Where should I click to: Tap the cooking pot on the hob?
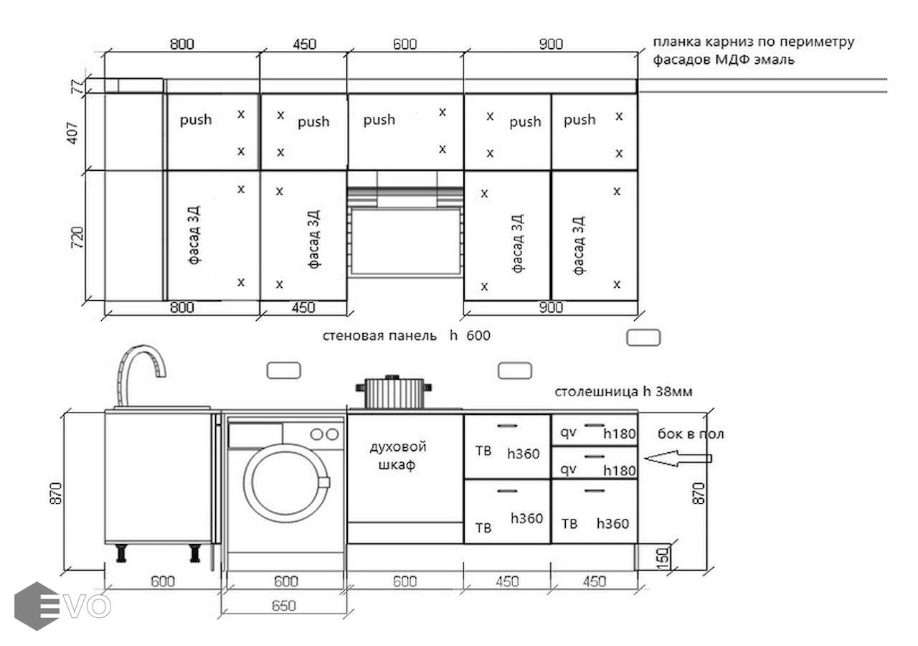point(394,392)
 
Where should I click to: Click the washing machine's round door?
point(286,483)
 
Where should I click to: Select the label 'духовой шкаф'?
point(398,455)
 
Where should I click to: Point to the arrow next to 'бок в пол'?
point(678,458)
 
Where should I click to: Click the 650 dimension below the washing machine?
point(283,606)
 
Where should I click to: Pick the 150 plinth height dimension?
point(663,556)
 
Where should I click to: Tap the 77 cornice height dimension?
point(77,87)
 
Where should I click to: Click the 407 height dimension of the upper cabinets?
point(72,133)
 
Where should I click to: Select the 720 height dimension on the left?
point(77,237)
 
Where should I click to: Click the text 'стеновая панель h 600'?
point(406,335)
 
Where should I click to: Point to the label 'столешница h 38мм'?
point(623,392)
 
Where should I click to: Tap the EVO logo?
point(62,606)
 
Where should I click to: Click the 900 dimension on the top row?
point(551,44)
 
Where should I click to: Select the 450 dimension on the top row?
point(304,44)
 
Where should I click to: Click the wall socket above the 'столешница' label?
point(643,337)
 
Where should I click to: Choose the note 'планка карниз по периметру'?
point(753,42)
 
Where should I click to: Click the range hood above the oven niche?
point(405,189)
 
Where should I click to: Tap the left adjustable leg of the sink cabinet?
point(121,553)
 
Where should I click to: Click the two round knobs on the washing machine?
point(325,434)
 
